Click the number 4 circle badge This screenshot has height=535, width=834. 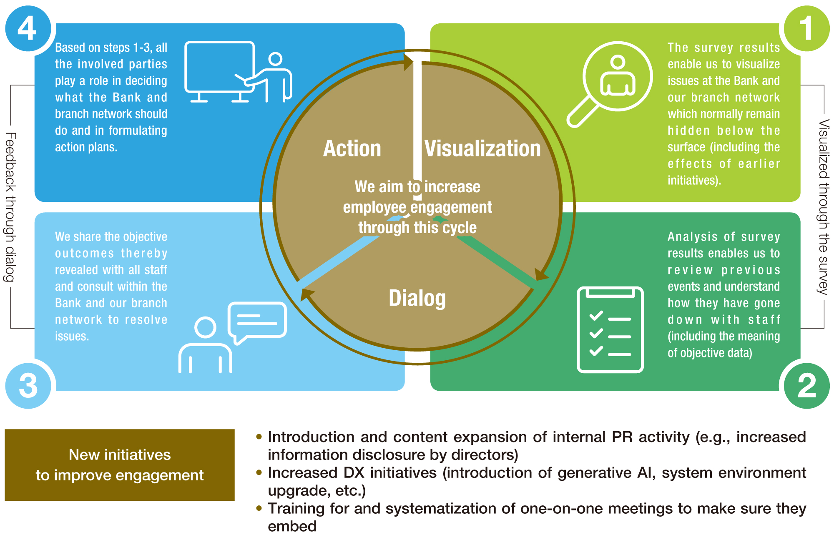28,29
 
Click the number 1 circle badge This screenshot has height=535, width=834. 806,29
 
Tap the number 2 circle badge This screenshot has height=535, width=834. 806,386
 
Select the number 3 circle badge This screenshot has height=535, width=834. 28,386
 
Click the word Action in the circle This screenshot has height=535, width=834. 352,148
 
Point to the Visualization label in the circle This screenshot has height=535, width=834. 482,148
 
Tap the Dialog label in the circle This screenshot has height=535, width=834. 417,298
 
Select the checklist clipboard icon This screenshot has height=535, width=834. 610,329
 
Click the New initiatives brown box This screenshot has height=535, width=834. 120,465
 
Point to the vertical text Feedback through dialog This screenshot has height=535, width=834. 10,207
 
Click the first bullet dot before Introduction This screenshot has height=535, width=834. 259,437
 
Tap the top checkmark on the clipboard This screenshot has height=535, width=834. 596,316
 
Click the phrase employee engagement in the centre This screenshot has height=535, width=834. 417,207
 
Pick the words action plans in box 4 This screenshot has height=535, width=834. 86,147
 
